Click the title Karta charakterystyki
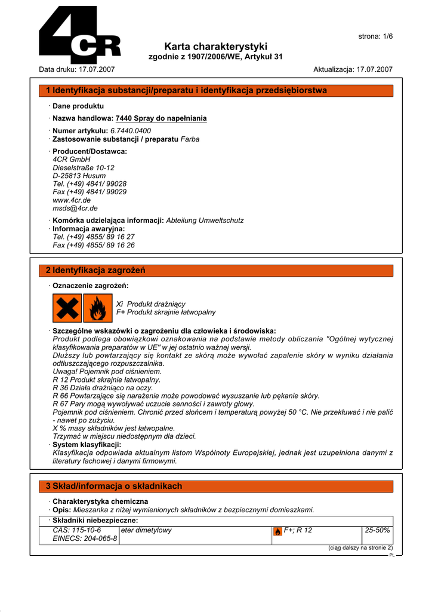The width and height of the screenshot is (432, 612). [x=215, y=46]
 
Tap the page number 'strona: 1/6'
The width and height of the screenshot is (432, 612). [x=375, y=36]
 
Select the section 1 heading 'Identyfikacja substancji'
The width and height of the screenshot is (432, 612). [x=186, y=90]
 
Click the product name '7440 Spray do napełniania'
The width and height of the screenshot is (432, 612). [x=161, y=118]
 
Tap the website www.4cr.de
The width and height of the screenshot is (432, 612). [x=72, y=200]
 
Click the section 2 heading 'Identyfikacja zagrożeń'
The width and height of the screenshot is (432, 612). [x=95, y=271]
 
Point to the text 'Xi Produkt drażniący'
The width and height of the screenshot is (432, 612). [x=151, y=304]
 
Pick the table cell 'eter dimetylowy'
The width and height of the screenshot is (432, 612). [x=146, y=530]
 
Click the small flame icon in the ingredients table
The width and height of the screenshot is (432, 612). [x=277, y=531]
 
